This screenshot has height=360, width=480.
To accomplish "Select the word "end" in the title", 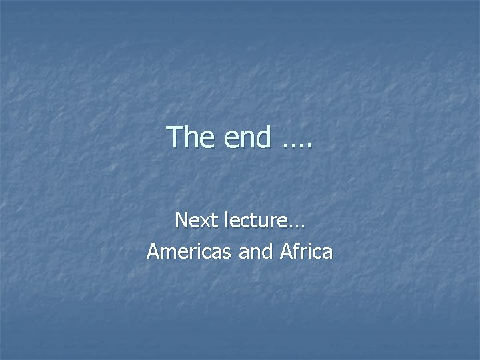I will point(248,137).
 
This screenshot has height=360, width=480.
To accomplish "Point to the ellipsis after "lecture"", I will point(297,226).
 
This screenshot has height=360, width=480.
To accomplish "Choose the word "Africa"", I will point(306,251).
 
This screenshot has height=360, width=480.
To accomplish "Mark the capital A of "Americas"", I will point(153,251).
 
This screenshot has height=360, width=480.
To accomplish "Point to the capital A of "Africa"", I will point(287,251).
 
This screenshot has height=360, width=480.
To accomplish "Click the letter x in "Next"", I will point(199,222).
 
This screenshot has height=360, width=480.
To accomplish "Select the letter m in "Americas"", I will point(167,253).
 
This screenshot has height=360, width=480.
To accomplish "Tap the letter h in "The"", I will point(191,137).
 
